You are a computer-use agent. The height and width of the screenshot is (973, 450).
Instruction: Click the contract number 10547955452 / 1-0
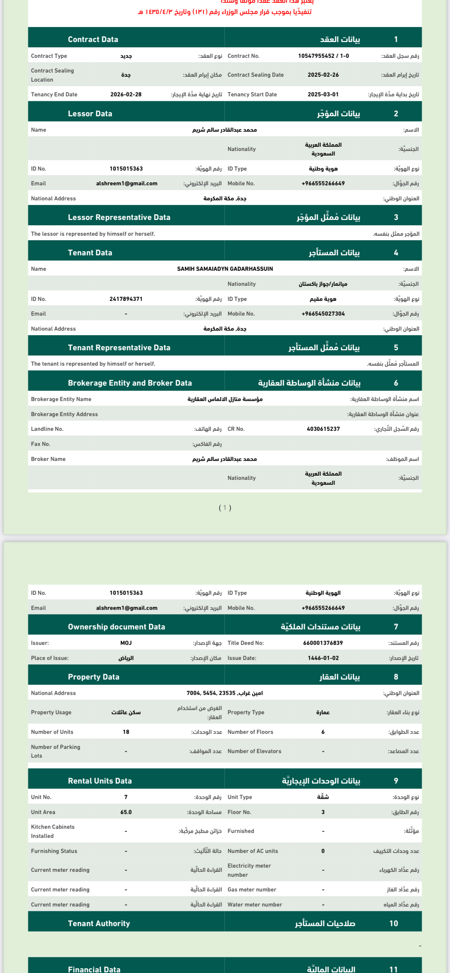click(323, 56)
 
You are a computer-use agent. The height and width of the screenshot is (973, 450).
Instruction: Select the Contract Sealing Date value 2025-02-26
click(323, 75)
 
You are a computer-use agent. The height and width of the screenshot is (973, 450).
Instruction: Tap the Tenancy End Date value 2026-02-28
click(126, 95)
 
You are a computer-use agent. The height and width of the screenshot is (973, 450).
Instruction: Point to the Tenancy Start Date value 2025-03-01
click(323, 95)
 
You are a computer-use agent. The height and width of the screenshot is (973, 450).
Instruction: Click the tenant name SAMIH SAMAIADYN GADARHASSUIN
click(225, 269)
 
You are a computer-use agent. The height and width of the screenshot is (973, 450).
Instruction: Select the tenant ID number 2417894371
click(126, 299)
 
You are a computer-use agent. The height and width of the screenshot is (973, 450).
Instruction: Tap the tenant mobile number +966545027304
click(323, 313)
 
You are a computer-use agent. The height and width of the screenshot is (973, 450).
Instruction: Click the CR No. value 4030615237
click(323, 429)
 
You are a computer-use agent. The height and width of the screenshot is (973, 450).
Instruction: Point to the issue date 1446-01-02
click(323, 658)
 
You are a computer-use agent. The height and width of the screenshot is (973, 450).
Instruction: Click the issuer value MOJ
click(126, 643)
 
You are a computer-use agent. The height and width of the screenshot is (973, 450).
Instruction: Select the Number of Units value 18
click(126, 732)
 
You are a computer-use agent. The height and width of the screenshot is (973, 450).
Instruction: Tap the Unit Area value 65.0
click(126, 812)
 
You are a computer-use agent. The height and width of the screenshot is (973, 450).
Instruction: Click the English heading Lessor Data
click(90, 114)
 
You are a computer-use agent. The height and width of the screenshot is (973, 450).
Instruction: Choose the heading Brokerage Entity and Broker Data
click(130, 383)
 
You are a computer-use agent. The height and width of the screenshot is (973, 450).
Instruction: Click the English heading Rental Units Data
click(100, 781)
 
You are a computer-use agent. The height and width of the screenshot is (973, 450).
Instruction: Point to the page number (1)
click(225, 508)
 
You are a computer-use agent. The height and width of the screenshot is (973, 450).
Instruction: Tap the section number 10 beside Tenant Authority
click(393, 923)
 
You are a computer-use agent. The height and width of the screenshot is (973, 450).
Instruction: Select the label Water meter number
click(255, 905)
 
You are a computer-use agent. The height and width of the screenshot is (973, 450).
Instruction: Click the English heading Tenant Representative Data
click(119, 347)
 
